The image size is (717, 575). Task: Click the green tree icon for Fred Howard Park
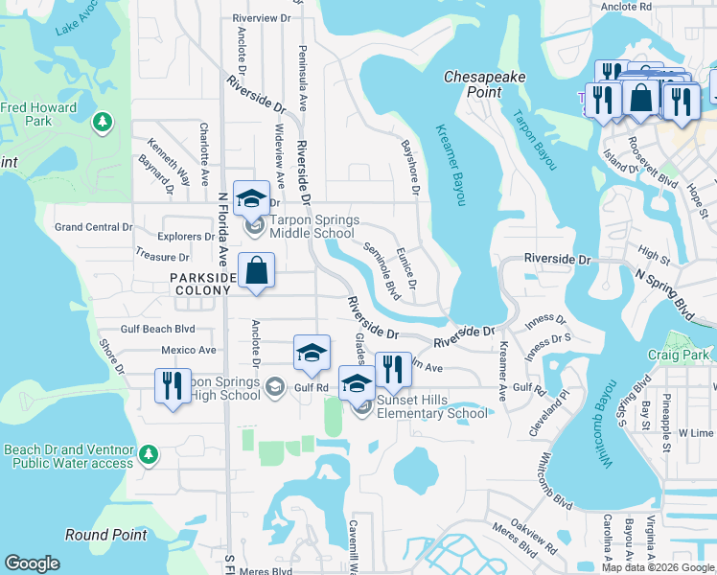[103, 123]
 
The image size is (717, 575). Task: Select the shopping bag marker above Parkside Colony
[257, 272]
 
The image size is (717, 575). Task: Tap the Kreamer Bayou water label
[450, 164]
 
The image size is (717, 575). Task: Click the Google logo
[32, 563]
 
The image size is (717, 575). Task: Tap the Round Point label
[105, 535]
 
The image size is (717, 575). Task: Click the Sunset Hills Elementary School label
[430, 407]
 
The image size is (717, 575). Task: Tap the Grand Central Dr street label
[93, 227]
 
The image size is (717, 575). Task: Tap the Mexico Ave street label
[189, 350]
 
